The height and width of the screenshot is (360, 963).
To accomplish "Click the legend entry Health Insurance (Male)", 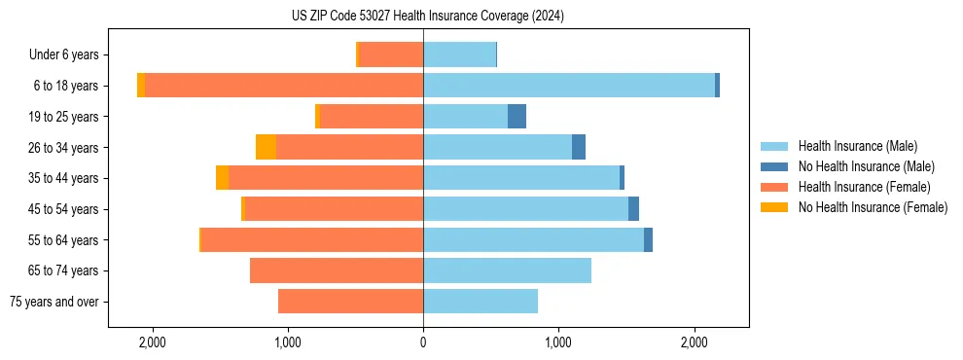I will (x=857, y=146).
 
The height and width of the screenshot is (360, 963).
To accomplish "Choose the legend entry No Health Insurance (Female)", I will (x=873, y=207).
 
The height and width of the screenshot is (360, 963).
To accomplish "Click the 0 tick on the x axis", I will (x=423, y=343).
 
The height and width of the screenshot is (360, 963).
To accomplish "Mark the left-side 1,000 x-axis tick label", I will (x=288, y=343).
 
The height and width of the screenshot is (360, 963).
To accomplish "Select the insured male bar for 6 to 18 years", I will (x=569, y=86).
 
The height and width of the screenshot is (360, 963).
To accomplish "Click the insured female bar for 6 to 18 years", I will (x=284, y=86).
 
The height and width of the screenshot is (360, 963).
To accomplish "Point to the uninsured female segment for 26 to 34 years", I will (x=266, y=147).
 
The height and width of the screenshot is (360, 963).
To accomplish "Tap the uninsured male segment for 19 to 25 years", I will (x=517, y=117).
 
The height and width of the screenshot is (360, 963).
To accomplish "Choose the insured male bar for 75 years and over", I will (x=481, y=302).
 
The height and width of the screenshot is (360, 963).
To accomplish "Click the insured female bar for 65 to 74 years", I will (x=337, y=270).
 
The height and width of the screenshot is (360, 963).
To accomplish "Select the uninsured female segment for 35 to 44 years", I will (x=222, y=178).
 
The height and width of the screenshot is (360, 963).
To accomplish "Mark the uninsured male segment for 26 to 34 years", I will (x=579, y=147).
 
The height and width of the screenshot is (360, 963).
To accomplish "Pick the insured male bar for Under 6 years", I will (x=459, y=55).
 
